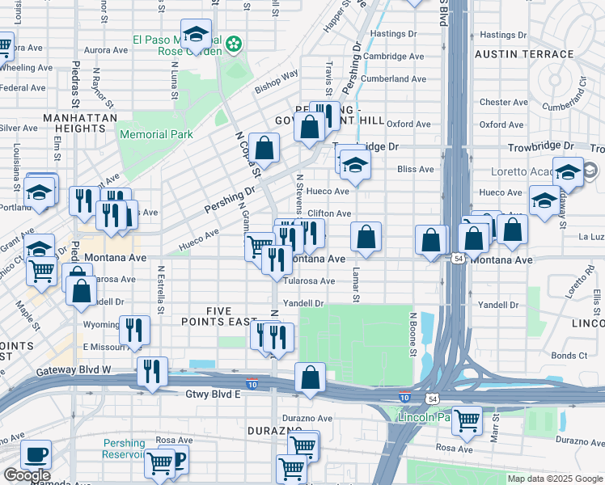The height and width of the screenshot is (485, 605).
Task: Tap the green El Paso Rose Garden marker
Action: pyautogui.click(x=235, y=42)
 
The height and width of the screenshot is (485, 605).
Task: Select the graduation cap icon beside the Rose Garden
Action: pyautogui.click(x=196, y=35)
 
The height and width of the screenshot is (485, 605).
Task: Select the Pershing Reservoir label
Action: pyautogui.click(x=124, y=449)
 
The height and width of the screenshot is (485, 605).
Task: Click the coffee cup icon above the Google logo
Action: pyautogui.click(x=35, y=455)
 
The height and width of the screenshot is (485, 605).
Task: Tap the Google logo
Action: pyautogui.click(x=27, y=475)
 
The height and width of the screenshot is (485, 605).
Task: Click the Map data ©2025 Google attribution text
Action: pyautogui.click(x=554, y=479)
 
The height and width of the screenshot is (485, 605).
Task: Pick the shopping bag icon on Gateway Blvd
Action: pyautogui.click(x=310, y=377)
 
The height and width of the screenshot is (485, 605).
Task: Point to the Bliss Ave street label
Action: pyautogui.click(x=416, y=170)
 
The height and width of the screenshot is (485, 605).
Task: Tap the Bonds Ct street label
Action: pyautogui.click(x=569, y=356)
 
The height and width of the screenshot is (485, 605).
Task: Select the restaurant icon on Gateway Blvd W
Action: pyautogui.click(x=152, y=372)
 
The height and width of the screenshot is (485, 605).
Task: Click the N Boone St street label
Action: pyautogui.click(x=412, y=335)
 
